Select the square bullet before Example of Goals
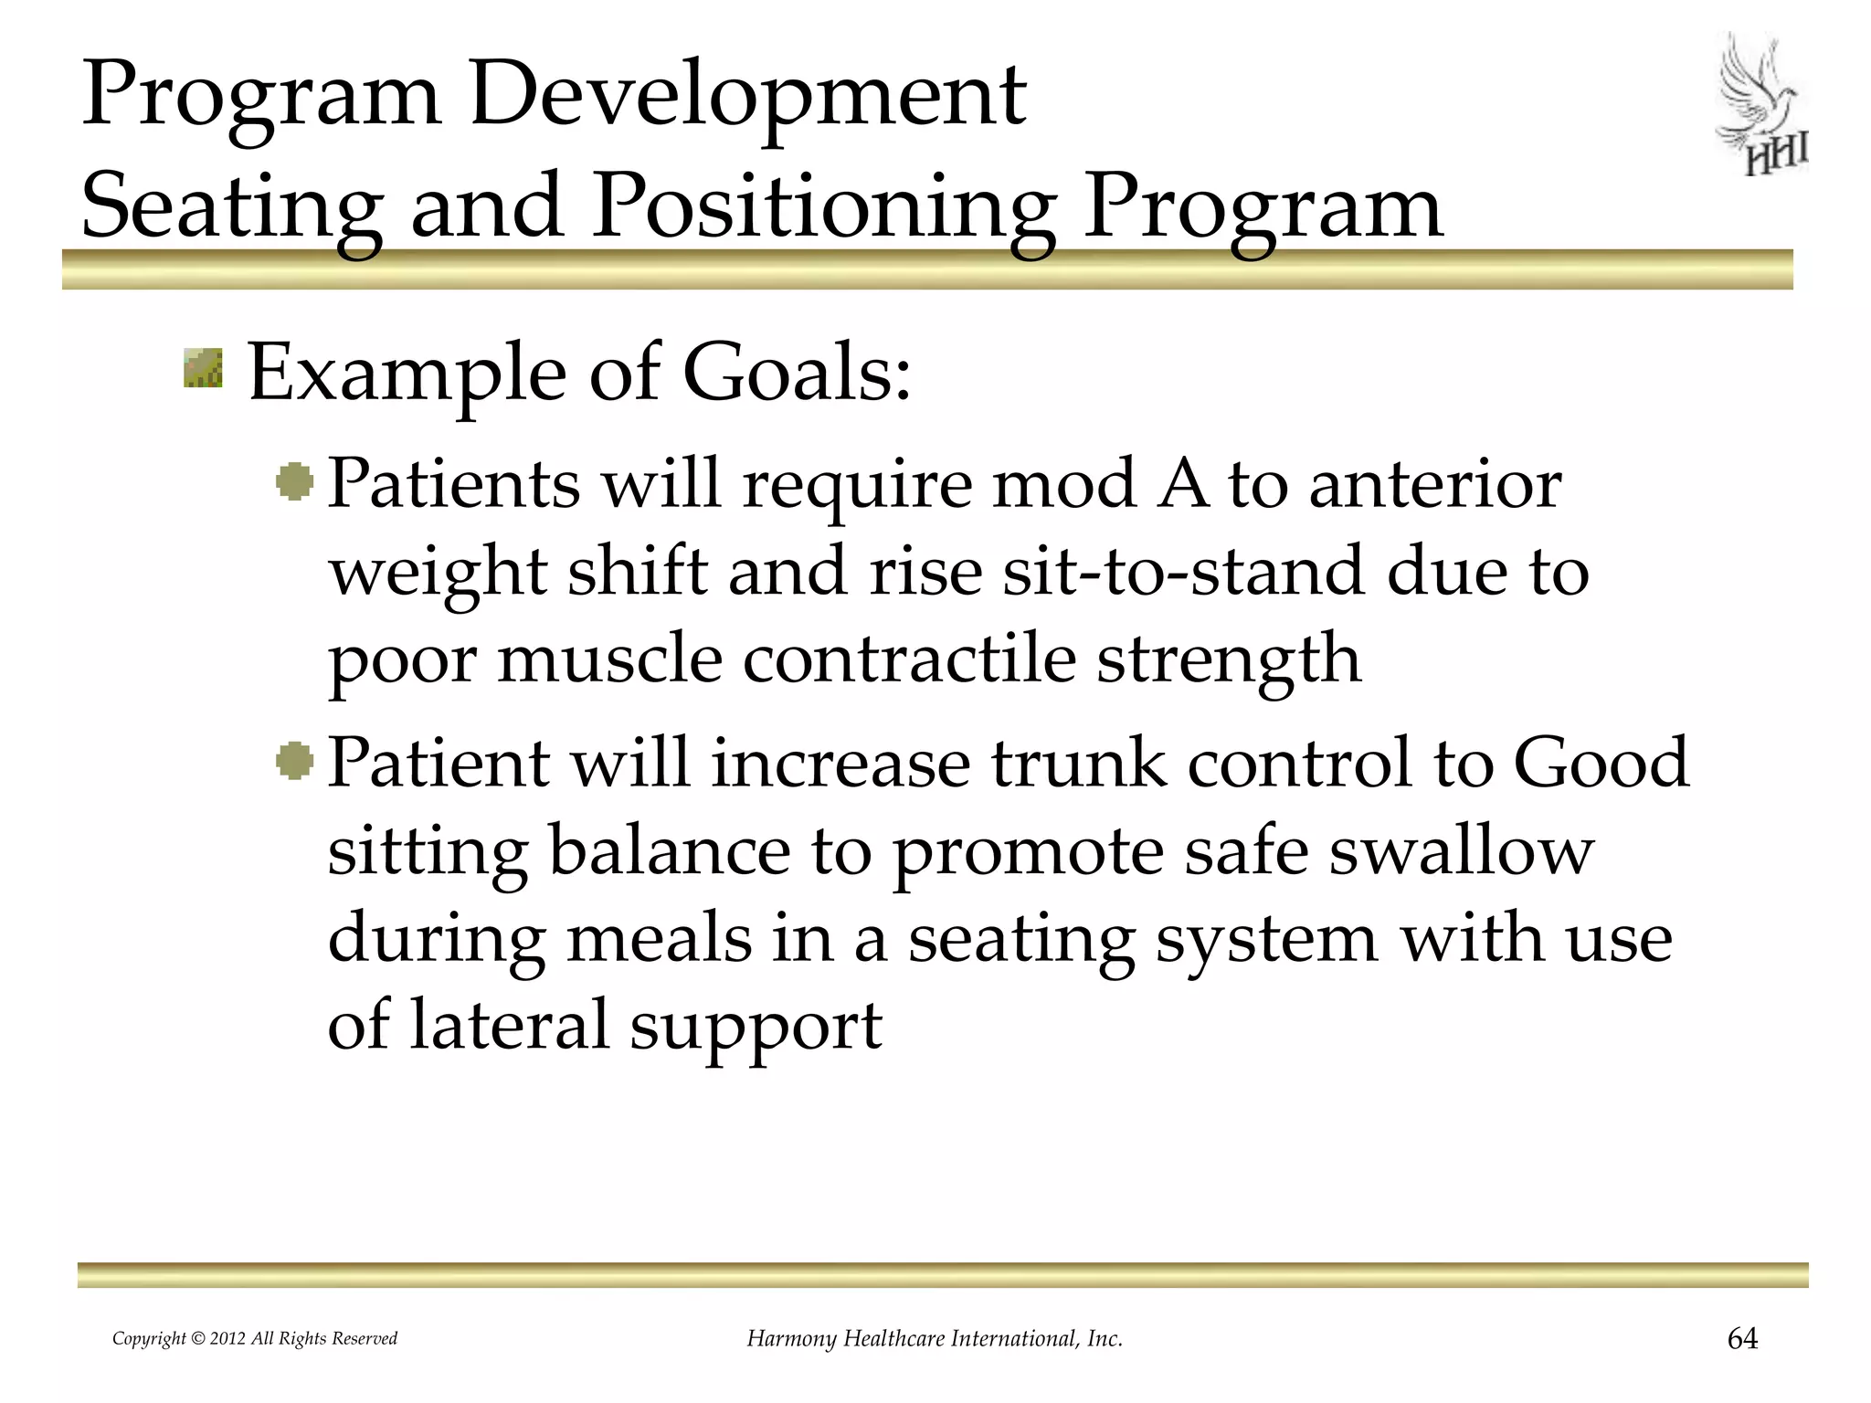click(203, 368)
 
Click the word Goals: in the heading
click(797, 374)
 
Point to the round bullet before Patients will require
click(294, 481)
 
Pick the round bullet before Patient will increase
click(294, 760)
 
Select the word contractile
click(909, 659)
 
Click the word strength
click(1229, 660)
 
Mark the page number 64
click(1742, 1339)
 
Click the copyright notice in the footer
click(255, 1339)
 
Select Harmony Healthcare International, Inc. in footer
click(935, 1339)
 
